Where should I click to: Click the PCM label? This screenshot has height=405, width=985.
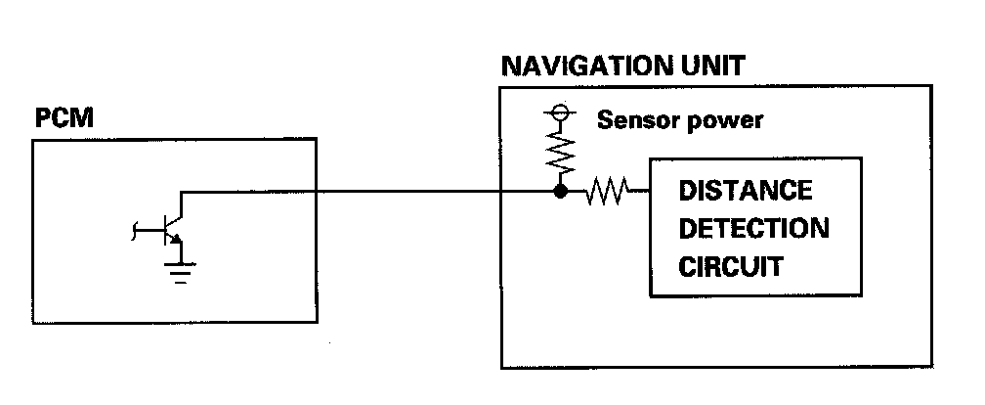pos(64,119)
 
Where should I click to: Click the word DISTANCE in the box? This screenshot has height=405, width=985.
pos(745,189)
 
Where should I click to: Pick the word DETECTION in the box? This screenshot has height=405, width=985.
pos(753,228)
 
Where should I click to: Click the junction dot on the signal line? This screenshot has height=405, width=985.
pos(560,192)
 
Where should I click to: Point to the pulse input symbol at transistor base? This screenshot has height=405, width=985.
pos(136,232)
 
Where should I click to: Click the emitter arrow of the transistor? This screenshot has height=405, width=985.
pos(173,241)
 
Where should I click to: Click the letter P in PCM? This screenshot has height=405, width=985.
pos(42,119)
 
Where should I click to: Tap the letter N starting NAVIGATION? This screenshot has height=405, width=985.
pos(511,67)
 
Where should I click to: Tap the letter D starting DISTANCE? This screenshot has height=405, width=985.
pos(687,189)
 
